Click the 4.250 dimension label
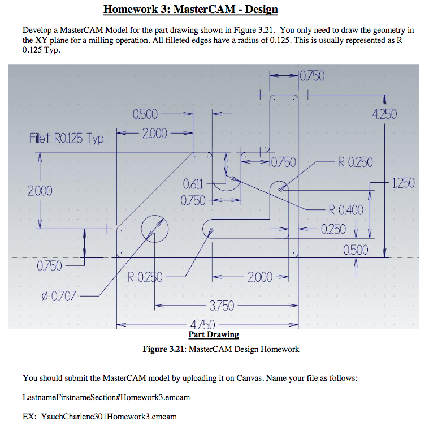pos(385,114)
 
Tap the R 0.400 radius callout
pos(346,211)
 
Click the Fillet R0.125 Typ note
pos(67,139)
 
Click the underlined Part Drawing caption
pos(213,334)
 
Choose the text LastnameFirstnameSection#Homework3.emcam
pos(106,397)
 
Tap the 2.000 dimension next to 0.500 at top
pos(154,133)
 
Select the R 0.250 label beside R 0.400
pos(355,162)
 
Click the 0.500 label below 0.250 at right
pos(356,250)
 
